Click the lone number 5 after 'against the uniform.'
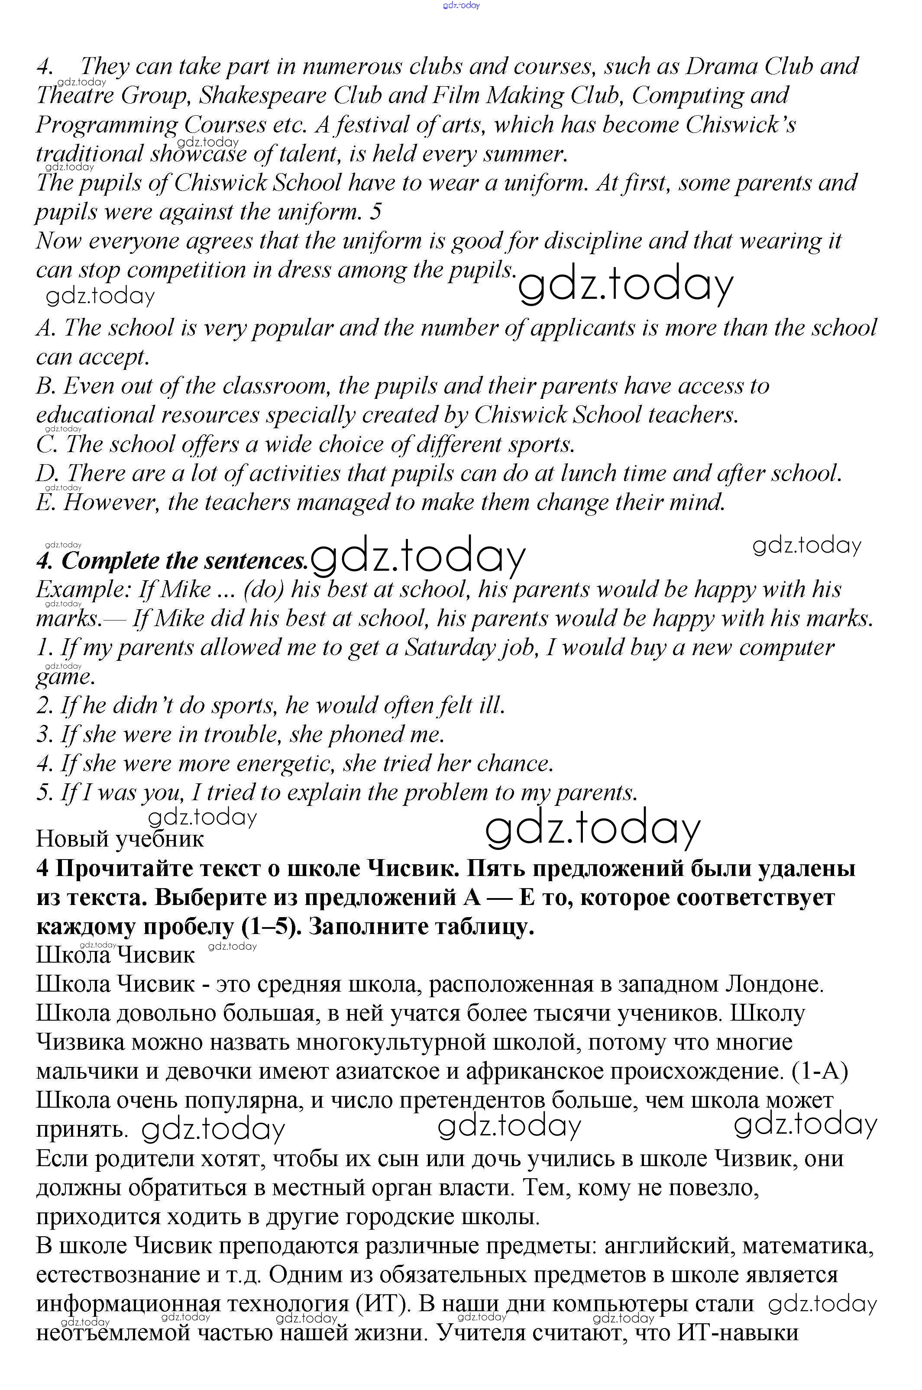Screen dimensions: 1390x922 pos(376,212)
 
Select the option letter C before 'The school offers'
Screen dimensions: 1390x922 pos(45,445)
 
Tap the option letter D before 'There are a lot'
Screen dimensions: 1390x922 pos(45,473)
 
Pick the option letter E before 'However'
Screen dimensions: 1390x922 pos(45,503)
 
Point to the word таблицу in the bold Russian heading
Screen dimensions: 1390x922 pos(479,927)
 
